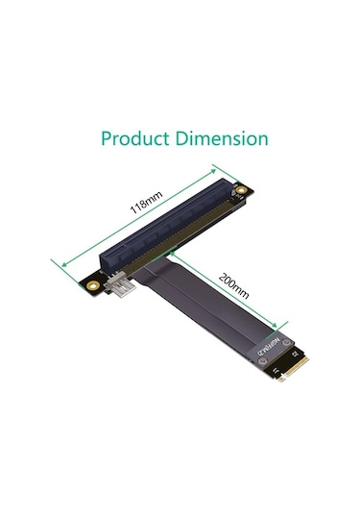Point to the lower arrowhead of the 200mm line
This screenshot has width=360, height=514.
(x=285, y=324)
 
